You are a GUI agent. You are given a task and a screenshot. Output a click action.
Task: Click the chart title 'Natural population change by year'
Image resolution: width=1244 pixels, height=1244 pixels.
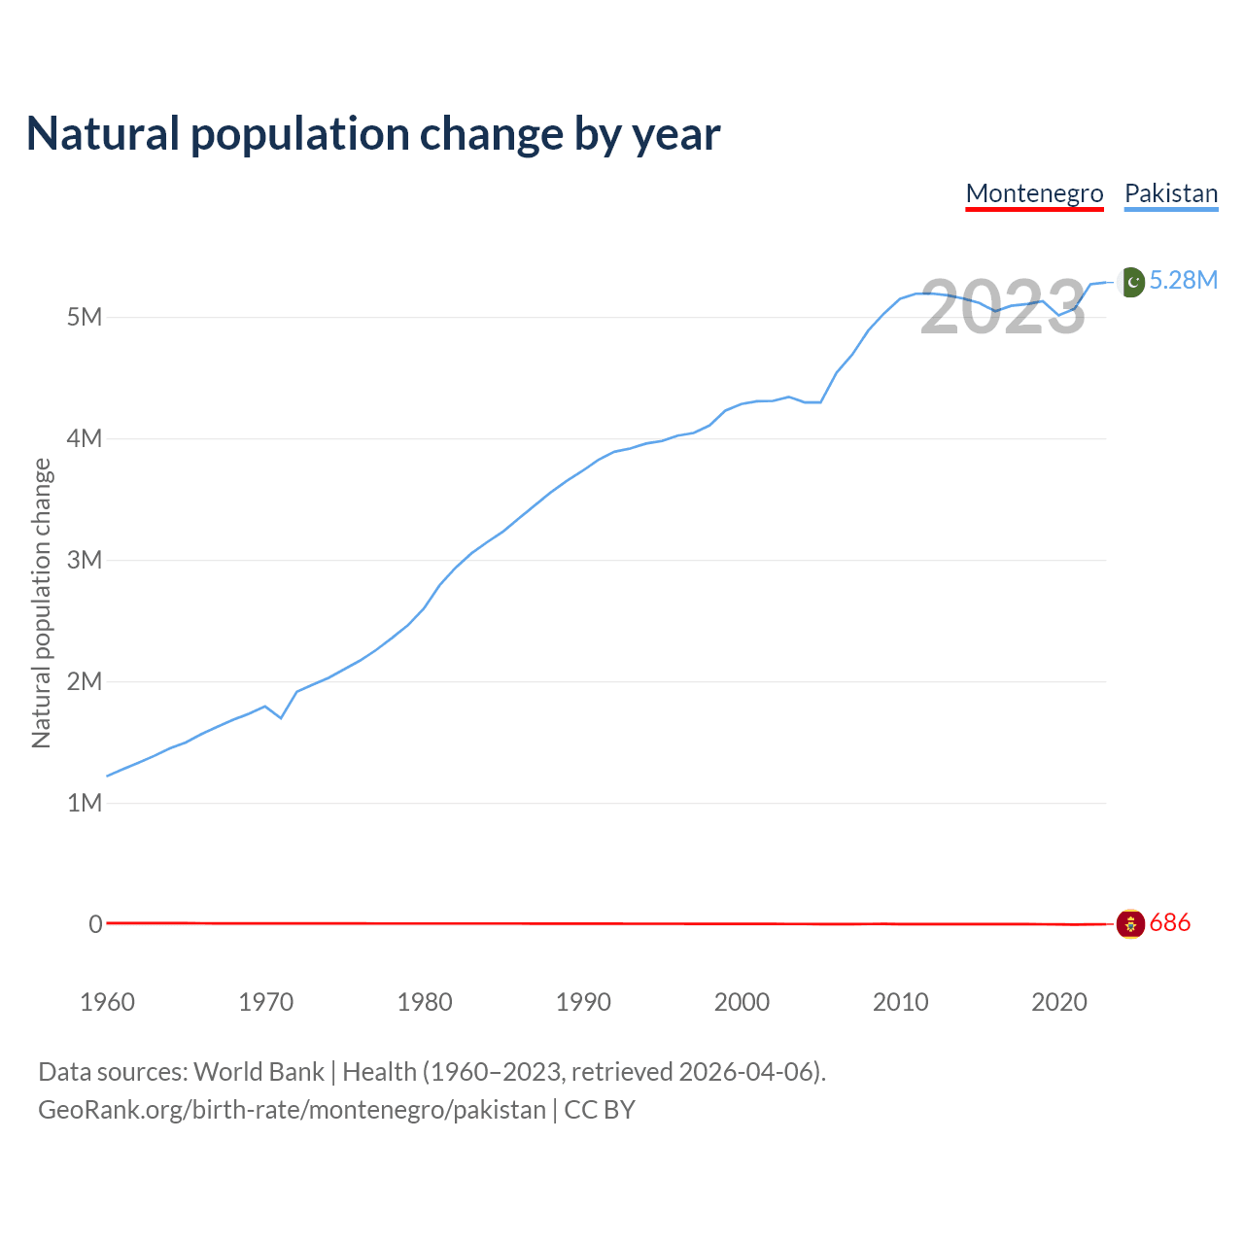click(373, 134)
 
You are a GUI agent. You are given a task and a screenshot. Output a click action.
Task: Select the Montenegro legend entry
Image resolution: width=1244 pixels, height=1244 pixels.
click(1034, 193)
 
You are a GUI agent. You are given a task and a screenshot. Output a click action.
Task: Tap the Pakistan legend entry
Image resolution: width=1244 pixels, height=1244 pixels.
click(1171, 193)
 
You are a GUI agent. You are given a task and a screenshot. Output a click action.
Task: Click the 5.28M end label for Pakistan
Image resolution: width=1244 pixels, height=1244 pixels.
click(1183, 281)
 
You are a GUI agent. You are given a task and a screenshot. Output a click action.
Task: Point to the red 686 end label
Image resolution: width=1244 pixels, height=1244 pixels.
click(1169, 923)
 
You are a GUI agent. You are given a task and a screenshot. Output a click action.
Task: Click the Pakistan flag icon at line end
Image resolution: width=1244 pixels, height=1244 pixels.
click(1131, 282)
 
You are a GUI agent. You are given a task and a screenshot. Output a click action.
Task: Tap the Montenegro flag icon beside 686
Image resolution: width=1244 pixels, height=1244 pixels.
click(1130, 923)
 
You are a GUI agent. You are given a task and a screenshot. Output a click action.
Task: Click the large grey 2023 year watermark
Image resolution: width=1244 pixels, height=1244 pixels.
click(1002, 307)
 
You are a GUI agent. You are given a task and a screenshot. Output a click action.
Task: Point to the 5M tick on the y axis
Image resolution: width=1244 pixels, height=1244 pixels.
click(85, 317)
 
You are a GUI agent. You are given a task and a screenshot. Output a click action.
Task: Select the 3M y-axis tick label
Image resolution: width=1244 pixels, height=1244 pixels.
click(85, 560)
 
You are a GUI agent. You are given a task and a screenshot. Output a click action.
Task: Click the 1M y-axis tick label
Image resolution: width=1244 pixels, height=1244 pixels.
click(85, 803)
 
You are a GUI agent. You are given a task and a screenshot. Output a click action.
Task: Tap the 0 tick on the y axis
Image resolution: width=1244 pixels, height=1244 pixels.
click(95, 924)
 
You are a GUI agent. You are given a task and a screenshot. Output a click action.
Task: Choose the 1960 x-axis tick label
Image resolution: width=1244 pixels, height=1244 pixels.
click(107, 1002)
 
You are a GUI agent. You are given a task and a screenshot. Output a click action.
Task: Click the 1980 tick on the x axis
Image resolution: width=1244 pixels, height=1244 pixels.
click(425, 1002)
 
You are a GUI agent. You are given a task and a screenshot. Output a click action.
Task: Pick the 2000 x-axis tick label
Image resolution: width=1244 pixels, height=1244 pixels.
click(742, 1002)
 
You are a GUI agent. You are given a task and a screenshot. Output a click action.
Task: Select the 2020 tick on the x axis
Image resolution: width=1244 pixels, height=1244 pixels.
click(1058, 1002)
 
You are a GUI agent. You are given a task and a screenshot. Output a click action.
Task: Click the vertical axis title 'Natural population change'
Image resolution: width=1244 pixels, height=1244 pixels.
click(42, 604)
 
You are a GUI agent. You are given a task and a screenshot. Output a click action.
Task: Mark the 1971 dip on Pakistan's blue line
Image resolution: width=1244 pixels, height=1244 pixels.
click(281, 717)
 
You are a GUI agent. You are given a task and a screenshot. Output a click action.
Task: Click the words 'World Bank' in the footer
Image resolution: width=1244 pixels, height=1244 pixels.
click(259, 1072)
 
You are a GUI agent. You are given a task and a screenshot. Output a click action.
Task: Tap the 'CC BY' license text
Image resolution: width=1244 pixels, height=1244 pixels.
click(600, 1110)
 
